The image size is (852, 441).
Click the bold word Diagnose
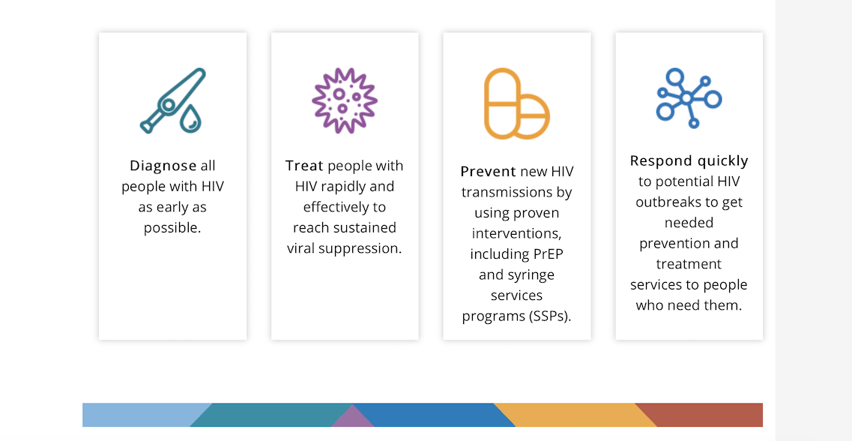coord(163,166)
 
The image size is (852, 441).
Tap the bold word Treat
coord(304,165)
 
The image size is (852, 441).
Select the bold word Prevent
coord(488,172)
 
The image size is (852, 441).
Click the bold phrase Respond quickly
coord(689,161)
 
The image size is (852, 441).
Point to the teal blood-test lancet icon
coord(173,100)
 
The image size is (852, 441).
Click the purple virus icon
coord(345,100)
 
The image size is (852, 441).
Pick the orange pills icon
coord(517,103)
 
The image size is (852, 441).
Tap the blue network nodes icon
coord(689,98)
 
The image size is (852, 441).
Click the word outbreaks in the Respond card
coord(669,202)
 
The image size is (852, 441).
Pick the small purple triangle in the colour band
coord(353,418)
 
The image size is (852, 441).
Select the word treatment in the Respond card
coord(689,264)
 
